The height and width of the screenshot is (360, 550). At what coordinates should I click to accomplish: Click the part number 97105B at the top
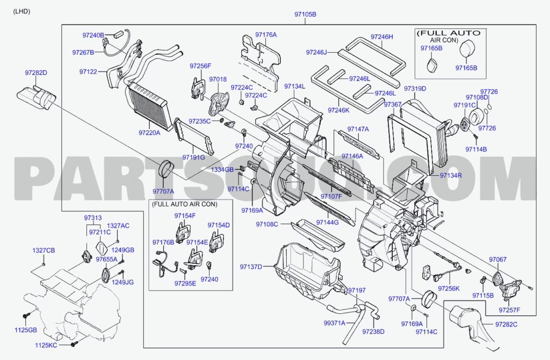305,14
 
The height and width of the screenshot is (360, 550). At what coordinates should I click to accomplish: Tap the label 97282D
36,73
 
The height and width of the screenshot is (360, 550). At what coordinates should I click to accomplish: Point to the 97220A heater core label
149,132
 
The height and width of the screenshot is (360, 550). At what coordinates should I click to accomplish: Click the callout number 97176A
266,35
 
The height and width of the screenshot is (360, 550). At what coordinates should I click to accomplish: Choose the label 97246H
382,37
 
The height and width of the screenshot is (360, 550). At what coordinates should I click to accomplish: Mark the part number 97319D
415,89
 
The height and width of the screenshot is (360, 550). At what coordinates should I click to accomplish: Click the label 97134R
451,175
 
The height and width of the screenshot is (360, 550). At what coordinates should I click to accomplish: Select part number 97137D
251,267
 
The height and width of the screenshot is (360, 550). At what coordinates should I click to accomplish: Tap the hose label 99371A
334,323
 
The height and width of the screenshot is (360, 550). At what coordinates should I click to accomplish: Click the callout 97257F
509,310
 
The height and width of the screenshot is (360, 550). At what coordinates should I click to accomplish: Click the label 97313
92,218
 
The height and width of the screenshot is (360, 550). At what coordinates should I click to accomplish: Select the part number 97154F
185,215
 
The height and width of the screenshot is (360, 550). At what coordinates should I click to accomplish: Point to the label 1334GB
222,169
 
